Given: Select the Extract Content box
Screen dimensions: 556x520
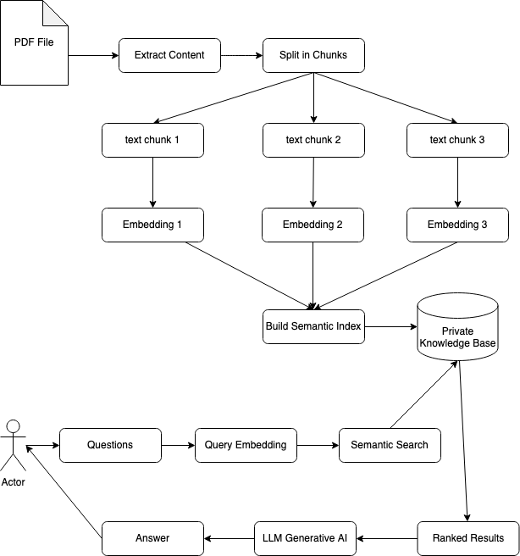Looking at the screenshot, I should (169, 55).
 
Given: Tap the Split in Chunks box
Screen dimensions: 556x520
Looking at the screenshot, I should (313, 55).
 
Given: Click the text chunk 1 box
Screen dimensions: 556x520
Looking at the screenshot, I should (152, 140).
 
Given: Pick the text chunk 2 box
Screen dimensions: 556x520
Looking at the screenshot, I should (313, 140).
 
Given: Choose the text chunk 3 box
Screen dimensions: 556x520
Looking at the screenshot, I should (457, 140).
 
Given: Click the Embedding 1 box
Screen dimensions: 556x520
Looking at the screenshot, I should (152, 225).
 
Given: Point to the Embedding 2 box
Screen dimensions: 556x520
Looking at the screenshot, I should (313, 225).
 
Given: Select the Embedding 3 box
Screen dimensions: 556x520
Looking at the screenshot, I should (457, 225).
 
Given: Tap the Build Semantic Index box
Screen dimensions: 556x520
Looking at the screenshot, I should (313, 326).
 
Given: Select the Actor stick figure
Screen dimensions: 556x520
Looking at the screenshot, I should (14, 445).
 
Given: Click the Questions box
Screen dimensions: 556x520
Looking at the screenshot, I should (110, 445).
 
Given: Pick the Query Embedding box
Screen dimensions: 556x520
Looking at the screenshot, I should (246, 445).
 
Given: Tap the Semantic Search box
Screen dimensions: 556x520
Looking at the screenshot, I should (390, 445).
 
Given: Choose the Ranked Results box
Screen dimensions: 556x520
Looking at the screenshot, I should (467, 538).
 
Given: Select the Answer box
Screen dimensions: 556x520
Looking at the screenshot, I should (152, 538).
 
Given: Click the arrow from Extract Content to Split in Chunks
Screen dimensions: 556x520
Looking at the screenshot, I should (241, 55).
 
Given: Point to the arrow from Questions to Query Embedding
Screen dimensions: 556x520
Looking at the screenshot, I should (178, 445).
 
